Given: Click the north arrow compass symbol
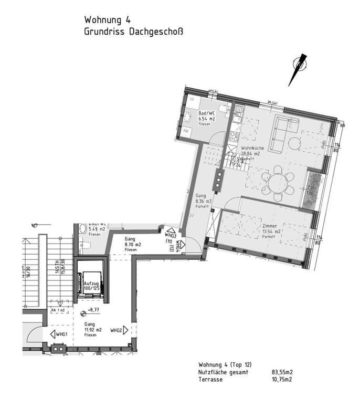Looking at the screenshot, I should point(297,69).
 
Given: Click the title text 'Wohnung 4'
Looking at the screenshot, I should point(108,19).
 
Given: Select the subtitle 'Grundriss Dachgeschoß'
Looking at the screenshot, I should point(133,31).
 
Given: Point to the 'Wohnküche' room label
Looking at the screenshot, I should point(251,149).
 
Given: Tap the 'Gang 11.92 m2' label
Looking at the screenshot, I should point(92,329).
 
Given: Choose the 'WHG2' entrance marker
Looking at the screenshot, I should point(117,331).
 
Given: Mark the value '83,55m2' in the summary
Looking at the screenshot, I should point(282,372).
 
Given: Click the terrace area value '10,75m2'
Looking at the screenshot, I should point(282,380).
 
